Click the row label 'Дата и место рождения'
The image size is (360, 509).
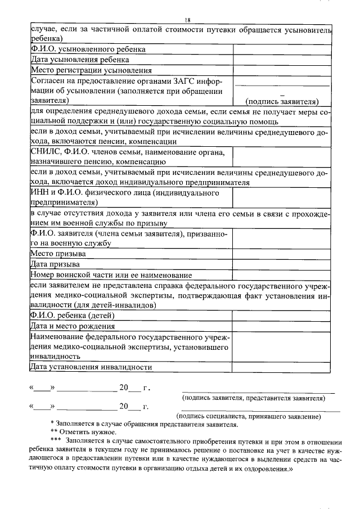[x=73, y=326]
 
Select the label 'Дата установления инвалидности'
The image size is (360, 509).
[x=91, y=367]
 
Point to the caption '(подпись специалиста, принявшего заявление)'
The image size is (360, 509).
[x=249, y=416]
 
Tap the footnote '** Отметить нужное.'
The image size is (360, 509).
[x=83, y=432]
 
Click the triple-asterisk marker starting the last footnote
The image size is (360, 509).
[x=56, y=440]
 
